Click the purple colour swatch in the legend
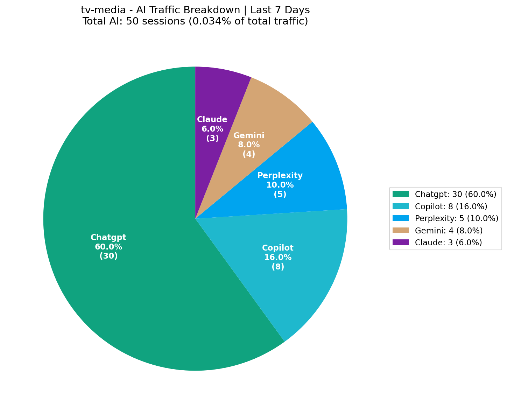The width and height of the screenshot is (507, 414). pos(400,242)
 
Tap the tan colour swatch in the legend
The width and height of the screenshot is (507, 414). pos(400,230)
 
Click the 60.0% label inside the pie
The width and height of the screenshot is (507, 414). pos(108,247)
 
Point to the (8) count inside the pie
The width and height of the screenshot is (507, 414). pos(278,267)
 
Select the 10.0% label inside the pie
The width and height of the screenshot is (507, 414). pos(280,185)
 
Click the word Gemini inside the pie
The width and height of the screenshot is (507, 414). pos(249,135)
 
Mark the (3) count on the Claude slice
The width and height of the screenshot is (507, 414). pos(212,138)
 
